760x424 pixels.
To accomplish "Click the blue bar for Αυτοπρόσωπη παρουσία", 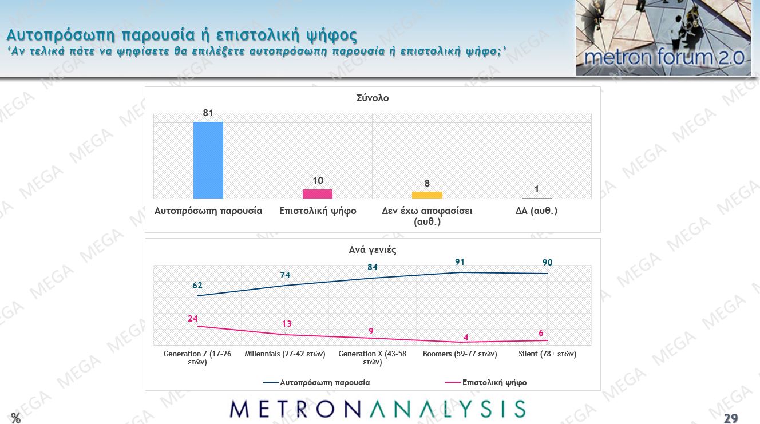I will (208, 160).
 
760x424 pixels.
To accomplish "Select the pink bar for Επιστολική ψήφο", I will (318, 194).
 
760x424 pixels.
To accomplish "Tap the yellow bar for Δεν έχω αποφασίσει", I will (427, 195).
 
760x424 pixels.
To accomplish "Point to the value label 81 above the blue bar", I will (208, 113).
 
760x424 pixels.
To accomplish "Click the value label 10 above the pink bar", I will (318, 181).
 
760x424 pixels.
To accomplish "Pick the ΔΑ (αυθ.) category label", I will (536, 211).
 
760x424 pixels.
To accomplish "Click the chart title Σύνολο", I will (372, 98).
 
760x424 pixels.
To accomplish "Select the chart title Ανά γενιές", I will (373, 249).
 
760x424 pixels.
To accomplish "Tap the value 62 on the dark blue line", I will (197, 286).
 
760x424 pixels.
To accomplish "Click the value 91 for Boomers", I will (460, 263).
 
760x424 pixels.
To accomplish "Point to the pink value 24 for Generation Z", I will (193, 319).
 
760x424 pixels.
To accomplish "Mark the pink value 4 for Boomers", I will (466, 337).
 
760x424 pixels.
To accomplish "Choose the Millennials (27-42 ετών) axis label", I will (284, 354).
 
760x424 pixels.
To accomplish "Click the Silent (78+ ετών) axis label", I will (547, 354).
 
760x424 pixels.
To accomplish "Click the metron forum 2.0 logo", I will (663, 38).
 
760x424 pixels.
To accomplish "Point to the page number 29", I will (730, 418).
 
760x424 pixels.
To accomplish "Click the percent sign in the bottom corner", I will (15, 418).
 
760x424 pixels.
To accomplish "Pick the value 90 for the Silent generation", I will (547, 263).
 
